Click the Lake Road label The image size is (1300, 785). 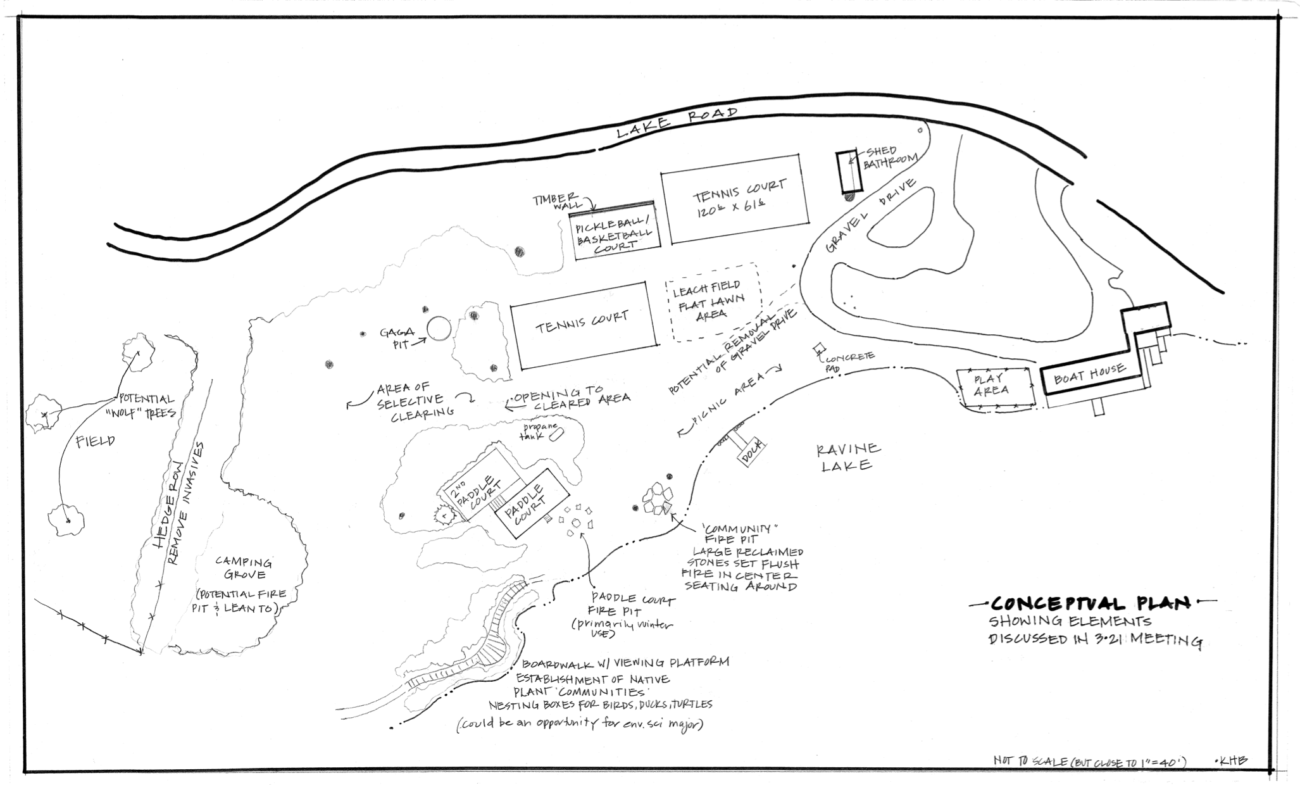click(x=677, y=123)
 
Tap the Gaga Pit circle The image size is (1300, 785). click(x=439, y=329)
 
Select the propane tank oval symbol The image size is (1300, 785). click(x=557, y=435)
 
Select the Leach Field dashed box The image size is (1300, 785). click(x=713, y=302)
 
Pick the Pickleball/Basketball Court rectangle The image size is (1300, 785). click(x=613, y=232)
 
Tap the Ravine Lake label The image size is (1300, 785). click(x=847, y=457)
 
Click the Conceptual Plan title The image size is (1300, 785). click(x=1086, y=603)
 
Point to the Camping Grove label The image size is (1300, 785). click(x=244, y=568)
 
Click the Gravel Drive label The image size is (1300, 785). click(x=870, y=215)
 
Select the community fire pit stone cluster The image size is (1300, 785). click(x=656, y=500)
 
